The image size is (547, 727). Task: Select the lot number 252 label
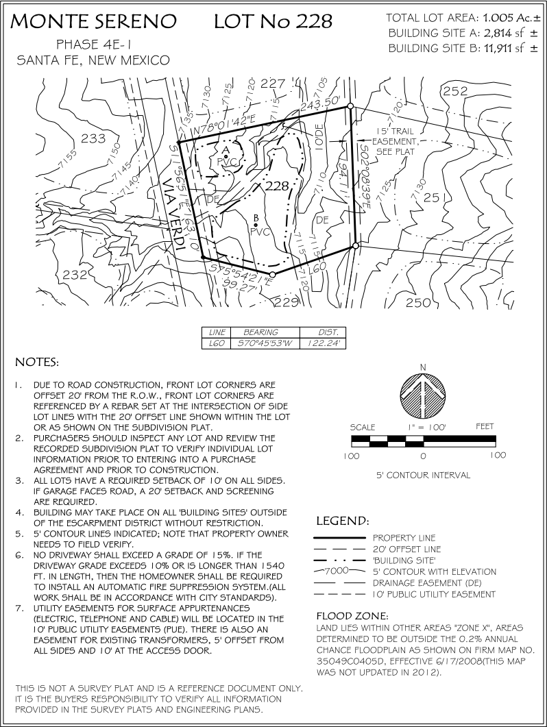point(455,91)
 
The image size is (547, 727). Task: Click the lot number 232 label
point(76,275)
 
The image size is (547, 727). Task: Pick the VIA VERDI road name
point(175,212)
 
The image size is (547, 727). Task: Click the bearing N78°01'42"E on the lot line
point(225,122)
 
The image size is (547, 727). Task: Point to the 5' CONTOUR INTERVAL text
point(423,474)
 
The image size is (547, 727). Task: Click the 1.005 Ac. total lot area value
point(504,18)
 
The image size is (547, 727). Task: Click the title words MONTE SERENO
point(93,21)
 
